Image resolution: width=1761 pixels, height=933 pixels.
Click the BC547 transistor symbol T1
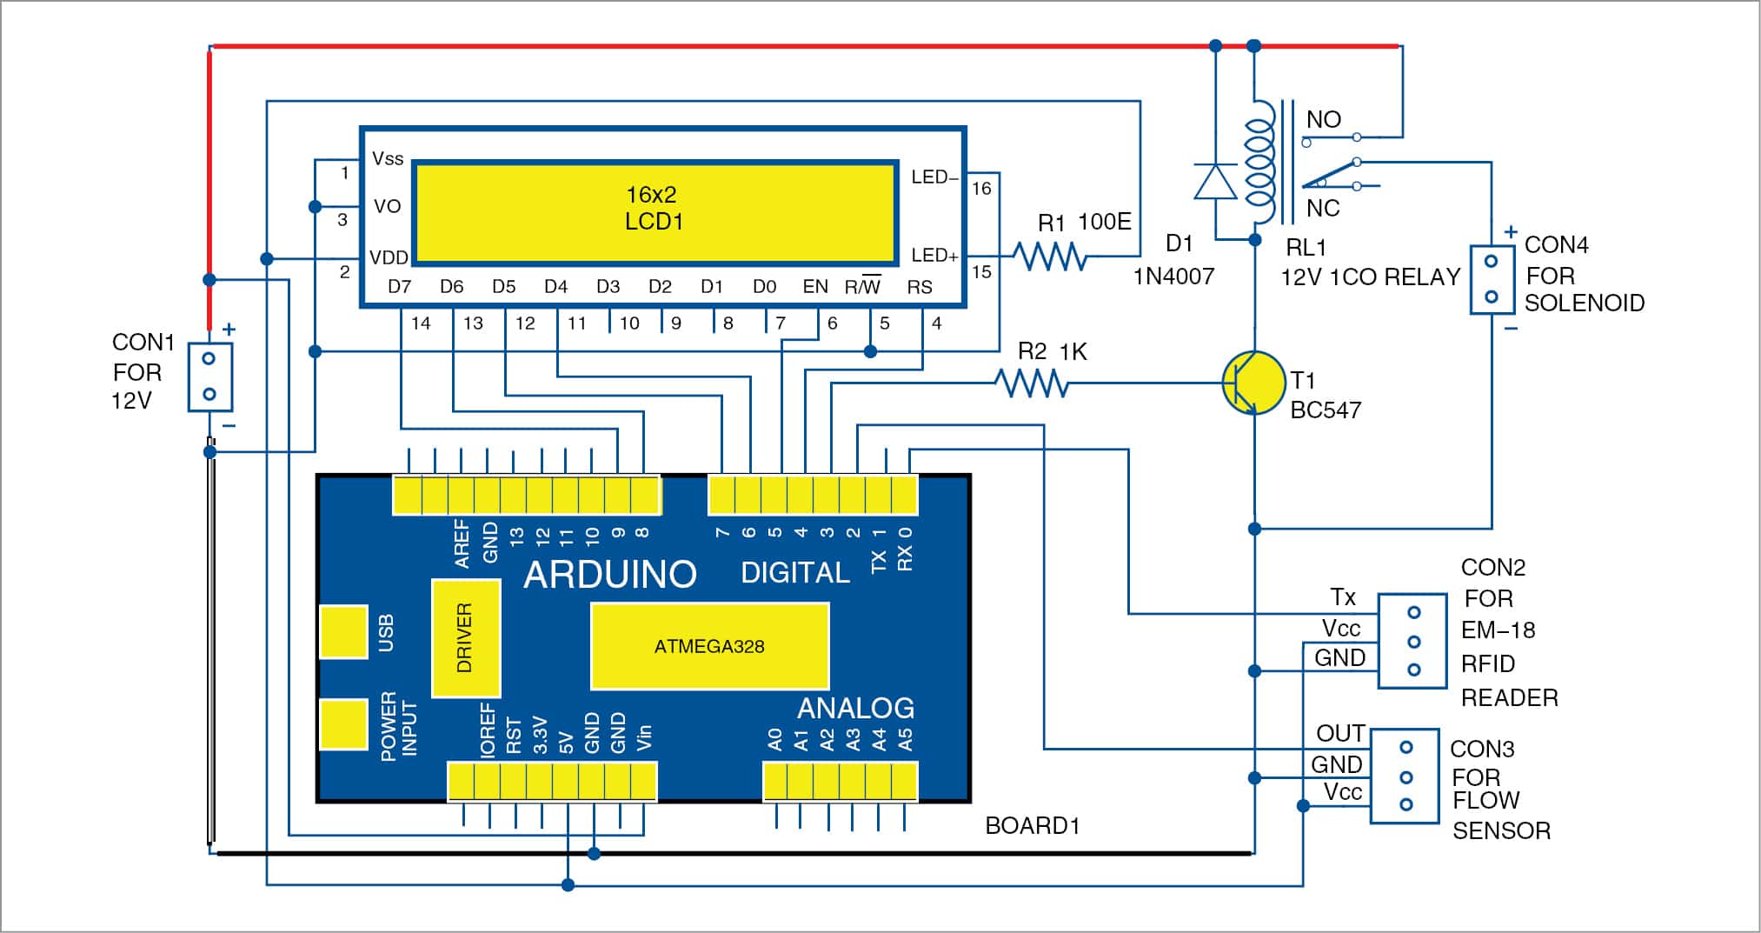click(1253, 383)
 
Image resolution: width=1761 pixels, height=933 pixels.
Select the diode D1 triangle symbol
click(1215, 182)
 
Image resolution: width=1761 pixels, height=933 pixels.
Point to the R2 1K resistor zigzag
click(1032, 383)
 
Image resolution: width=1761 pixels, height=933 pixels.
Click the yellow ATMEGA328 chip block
click(709, 646)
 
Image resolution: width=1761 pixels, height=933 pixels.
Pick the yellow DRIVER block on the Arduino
click(465, 638)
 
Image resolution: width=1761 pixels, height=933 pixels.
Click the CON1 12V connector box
click(209, 377)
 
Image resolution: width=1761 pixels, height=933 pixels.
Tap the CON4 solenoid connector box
click(1492, 279)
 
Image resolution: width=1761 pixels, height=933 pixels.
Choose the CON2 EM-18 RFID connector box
click(1413, 641)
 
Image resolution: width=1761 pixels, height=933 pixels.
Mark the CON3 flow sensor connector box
click(1405, 776)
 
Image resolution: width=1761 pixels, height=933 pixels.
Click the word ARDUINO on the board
click(610, 574)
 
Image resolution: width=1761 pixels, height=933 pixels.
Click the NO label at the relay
click(1323, 120)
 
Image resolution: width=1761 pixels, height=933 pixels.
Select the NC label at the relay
click(1323, 209)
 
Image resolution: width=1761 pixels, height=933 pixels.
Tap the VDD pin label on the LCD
click(389, 257)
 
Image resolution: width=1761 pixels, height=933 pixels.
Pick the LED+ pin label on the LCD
click(934, 256)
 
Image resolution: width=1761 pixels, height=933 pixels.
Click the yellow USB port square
click(343, 632)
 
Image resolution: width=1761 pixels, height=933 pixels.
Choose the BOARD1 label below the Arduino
click(1033, 826)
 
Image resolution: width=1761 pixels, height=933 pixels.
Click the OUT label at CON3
click(1340, 734)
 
